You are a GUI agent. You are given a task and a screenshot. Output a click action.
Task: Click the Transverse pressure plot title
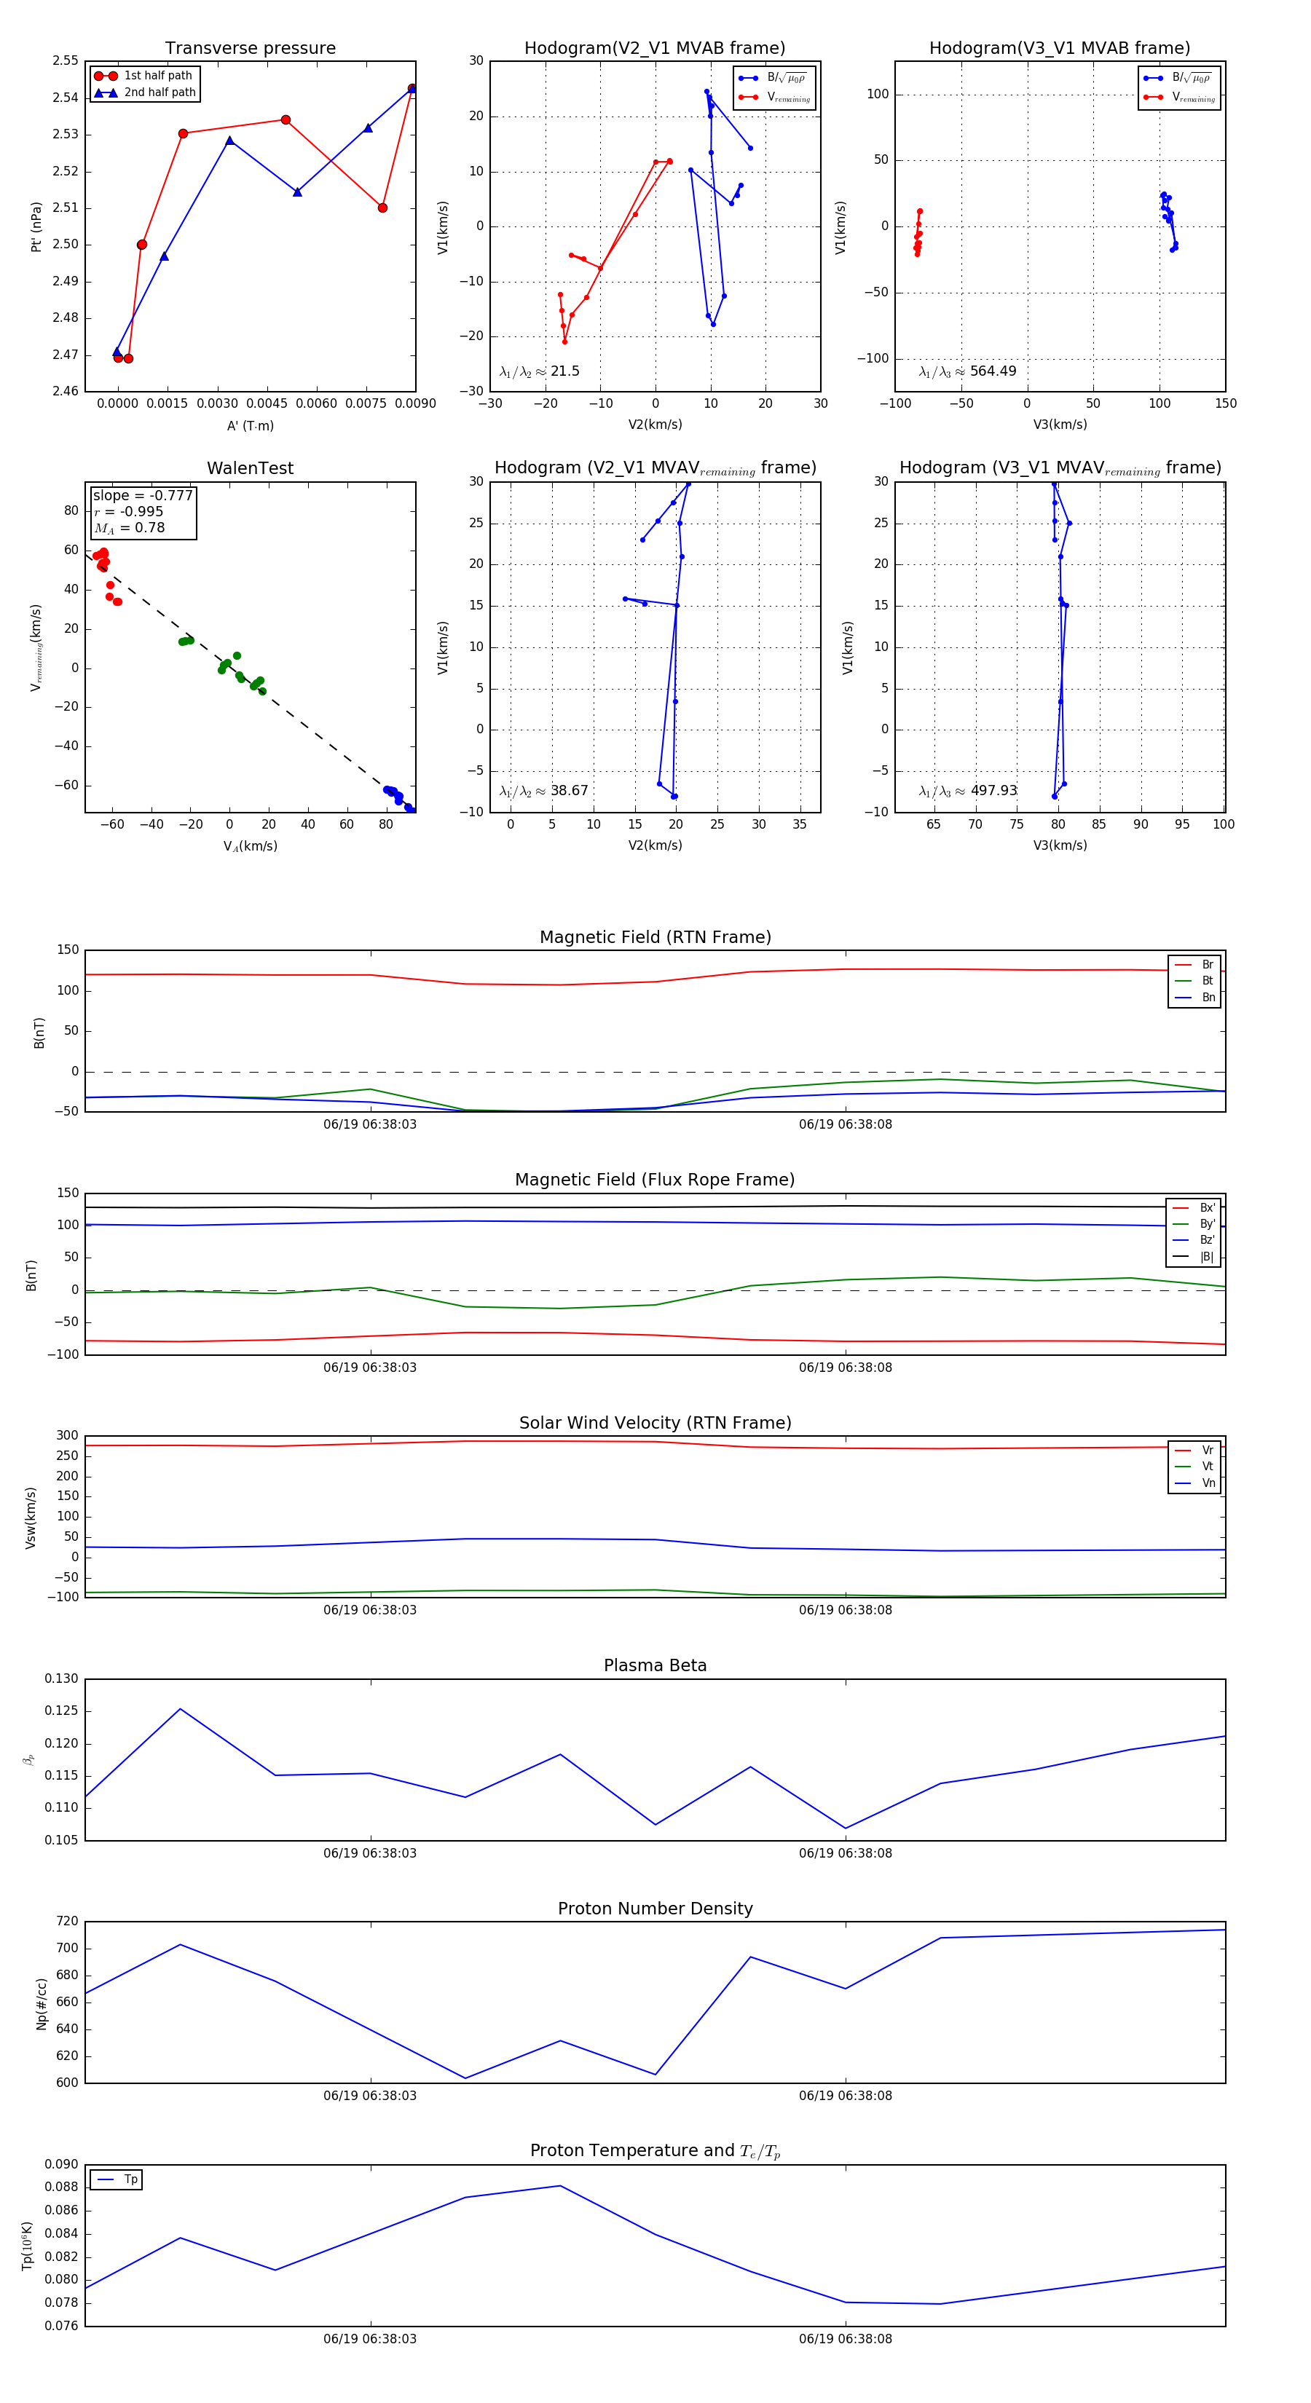coord(250,49)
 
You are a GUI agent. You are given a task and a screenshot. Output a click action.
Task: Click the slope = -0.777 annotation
coord(143,495)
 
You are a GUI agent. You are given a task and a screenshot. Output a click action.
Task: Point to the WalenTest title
coord(250,468)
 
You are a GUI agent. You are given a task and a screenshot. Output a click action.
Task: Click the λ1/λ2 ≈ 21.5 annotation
coord(539,371)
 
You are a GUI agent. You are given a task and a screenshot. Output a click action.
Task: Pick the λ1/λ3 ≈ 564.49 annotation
coord(968,371)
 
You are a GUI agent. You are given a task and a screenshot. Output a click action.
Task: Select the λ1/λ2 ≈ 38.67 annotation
coord(544,791)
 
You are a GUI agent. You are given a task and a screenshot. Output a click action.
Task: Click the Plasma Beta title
coord(655,1666)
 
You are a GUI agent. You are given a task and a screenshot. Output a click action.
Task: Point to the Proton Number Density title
coord(655,1909)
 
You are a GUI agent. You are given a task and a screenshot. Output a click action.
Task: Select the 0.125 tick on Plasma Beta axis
coord(62,1710)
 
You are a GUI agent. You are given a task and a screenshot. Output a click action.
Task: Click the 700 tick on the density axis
coord(67,1948)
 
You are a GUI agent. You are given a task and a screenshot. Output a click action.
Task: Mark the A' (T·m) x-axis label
coord(250,426)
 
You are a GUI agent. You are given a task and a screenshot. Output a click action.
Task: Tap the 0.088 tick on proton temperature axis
coord(62,2187)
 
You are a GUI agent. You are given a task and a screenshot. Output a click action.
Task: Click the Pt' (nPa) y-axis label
coord(36,226)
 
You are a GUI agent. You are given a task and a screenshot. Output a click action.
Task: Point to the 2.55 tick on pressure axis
coord(66,60)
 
